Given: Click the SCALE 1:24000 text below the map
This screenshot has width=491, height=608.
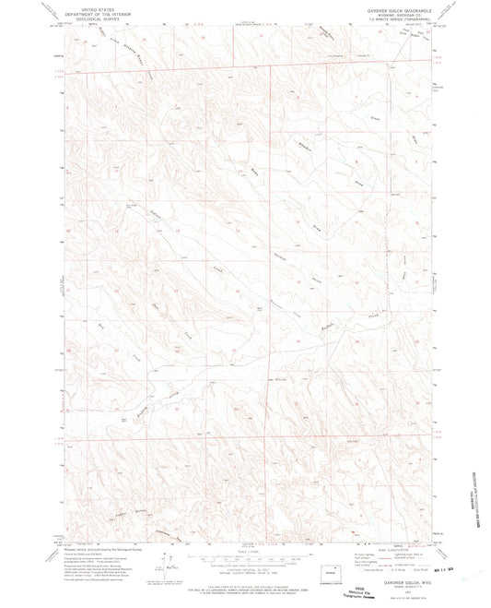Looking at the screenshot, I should [x=246, y=551].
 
